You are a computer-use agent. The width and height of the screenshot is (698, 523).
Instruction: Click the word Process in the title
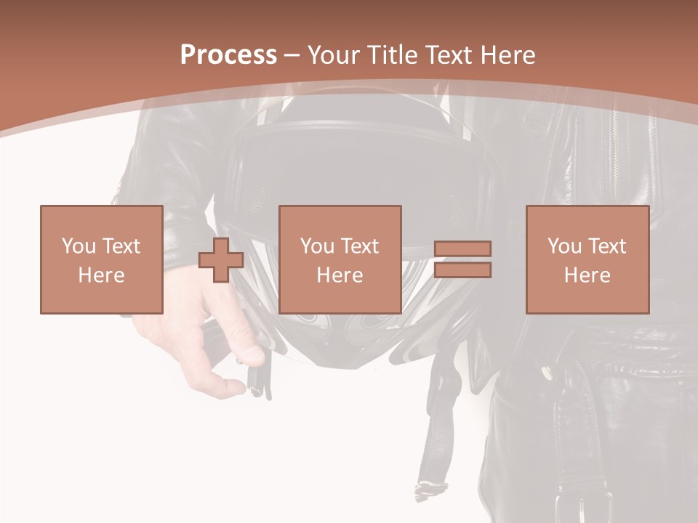(228, 55)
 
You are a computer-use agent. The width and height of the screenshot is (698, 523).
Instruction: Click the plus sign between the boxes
(221, 259)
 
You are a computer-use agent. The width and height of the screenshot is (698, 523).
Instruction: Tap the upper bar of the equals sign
(462, 248)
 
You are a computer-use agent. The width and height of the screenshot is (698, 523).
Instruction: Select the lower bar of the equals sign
(462, 270)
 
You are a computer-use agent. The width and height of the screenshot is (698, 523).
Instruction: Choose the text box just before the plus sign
(102, 259)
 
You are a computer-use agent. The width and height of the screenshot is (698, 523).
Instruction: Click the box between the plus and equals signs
(340, 259)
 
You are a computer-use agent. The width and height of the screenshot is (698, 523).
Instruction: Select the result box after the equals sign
(587, 259)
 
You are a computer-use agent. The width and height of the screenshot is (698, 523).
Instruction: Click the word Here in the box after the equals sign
(587, 275)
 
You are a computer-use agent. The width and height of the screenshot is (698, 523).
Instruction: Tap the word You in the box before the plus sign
(79, 246)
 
